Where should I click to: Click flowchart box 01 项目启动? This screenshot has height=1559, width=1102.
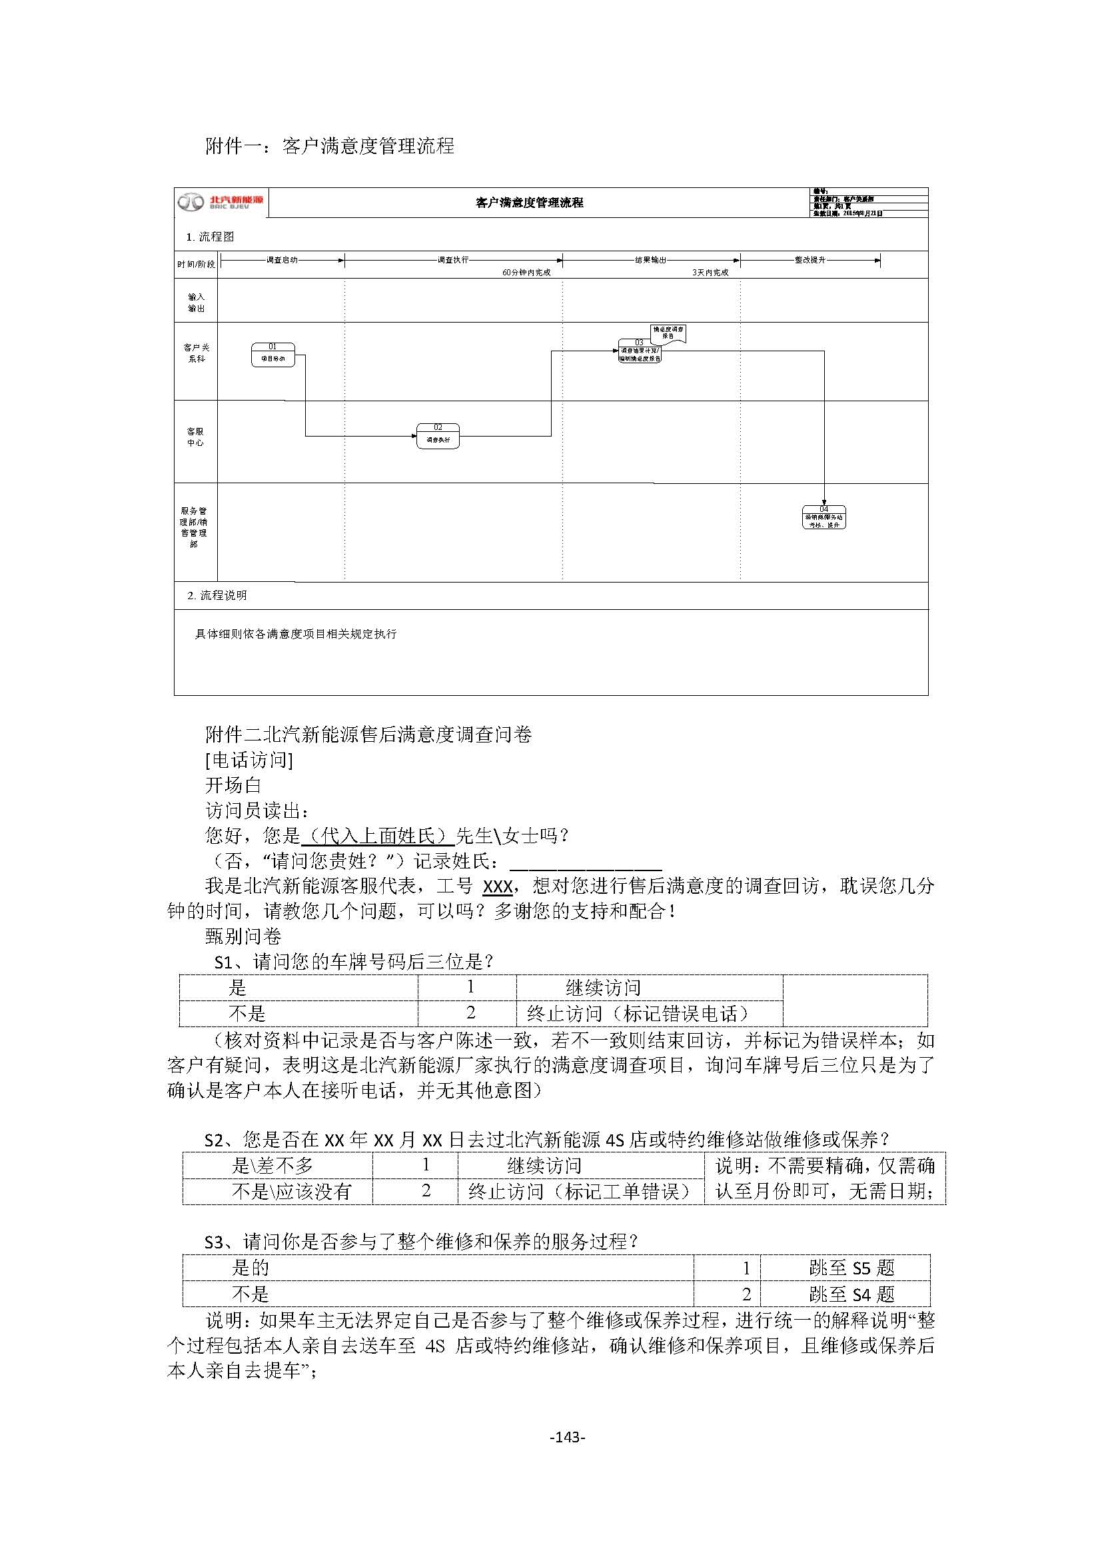tap(273, 355)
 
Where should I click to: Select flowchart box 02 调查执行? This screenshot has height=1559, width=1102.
tap(438, 436)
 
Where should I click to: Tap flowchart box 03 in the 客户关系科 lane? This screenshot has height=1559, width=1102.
tap(639, 352)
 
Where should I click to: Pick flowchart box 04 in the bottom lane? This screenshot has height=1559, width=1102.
tap(824, 517)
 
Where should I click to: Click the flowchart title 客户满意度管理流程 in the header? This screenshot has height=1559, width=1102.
tap(529, 203)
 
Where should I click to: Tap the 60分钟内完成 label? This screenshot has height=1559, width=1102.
tap(526, 273)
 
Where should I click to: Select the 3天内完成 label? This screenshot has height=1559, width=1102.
tap(710, 273)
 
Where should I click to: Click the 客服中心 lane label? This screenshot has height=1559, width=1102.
tap(195, 437)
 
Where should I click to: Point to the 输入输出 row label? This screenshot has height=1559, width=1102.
tap(196, 302)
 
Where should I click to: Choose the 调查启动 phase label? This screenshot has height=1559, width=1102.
tap(282, 260)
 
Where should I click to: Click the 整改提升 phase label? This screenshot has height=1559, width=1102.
tap(810, 260)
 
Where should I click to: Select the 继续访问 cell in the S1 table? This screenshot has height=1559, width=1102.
tap(602, 988)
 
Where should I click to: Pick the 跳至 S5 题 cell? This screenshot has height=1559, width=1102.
tap(851, 1268)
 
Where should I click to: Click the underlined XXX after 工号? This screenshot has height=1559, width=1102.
tap(497, 886)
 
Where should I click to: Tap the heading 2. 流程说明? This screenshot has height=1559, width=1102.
tap(217, 595)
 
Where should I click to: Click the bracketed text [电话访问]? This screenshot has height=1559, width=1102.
tap(249, 760)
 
